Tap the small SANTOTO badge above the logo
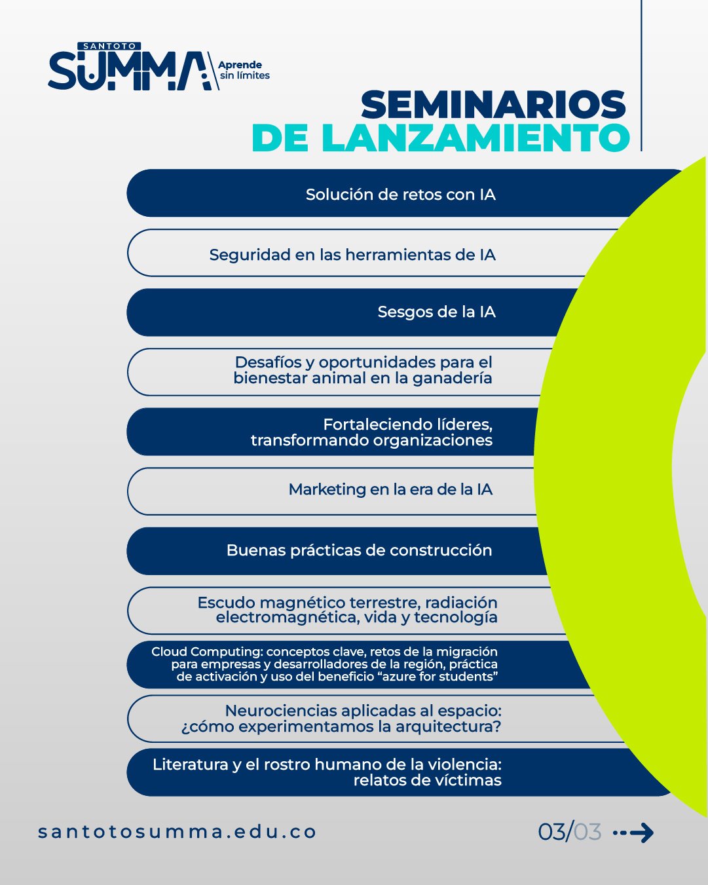(109, 47)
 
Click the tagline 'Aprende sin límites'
(244, 70)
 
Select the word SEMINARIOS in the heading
(493, 105)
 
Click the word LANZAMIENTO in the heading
(475, 138)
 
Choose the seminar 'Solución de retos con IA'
(400, 195)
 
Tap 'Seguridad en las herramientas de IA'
(352, 255)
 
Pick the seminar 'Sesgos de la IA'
(437, 312)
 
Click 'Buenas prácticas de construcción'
(360, 550)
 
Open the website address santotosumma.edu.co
(177, 831)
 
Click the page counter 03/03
(569, 831)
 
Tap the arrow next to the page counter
(633, 833)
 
